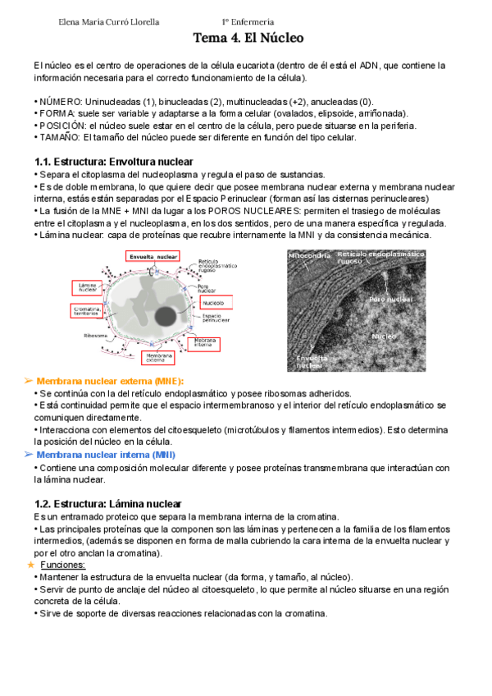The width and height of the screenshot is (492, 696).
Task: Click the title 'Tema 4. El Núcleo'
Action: [x=248, y=38]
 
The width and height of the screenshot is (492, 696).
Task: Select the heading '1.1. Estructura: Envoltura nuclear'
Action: [x=114, y=162]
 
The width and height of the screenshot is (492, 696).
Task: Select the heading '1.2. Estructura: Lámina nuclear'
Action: [x=107, y=503]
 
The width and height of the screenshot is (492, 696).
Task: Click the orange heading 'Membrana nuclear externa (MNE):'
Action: [x=110, y=382]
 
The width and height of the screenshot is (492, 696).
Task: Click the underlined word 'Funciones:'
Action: [x=64, y=565]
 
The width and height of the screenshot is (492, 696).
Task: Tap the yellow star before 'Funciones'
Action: [x=30, y=565]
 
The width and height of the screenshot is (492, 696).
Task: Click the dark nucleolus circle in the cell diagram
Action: [x=170, y=316]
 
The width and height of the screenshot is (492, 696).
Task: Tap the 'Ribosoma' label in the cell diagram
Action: [x=96, y=335]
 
